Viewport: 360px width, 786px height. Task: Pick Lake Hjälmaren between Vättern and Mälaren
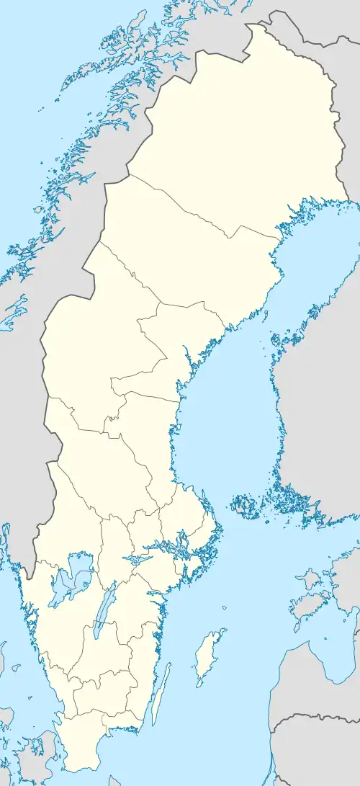click(136, 558)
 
